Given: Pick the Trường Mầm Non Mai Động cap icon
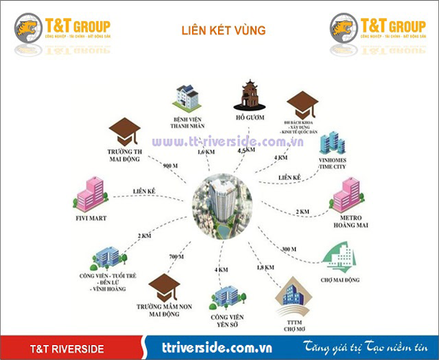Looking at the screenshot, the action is coord(165,287).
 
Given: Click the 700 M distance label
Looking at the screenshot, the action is coord(176,257).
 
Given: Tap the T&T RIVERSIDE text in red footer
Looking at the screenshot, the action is coord(67,349).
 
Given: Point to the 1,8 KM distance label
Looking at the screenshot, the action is coord(265,268).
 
